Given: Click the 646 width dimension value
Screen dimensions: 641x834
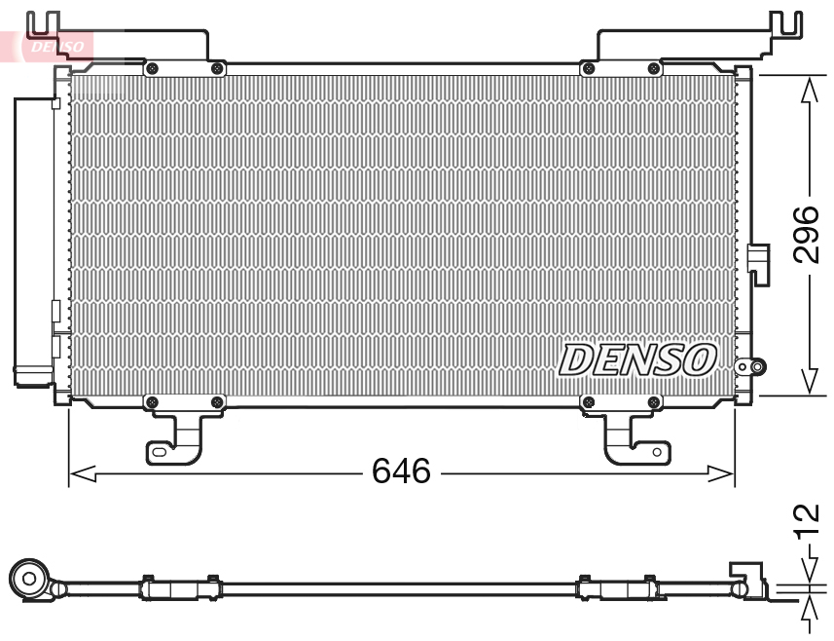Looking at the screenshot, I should tap(401, 472).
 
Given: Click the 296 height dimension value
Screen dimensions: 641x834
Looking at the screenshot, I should tap(807, 234).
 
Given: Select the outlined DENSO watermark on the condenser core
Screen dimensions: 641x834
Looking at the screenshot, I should tap(638, 359).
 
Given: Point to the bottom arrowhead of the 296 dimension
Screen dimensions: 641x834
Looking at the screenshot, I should tap(808, 383).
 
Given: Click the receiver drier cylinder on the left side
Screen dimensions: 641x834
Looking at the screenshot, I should tap(32, 239).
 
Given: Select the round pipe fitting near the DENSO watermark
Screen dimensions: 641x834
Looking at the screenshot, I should tap(747, 367).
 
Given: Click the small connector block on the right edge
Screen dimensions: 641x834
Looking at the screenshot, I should tap(758, 261).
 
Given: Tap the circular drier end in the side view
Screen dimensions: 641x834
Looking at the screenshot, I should tap(29, 581).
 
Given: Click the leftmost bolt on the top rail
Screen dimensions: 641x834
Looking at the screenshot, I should tap(151, 68).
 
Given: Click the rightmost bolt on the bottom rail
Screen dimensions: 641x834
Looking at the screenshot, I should tap(651, 401).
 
